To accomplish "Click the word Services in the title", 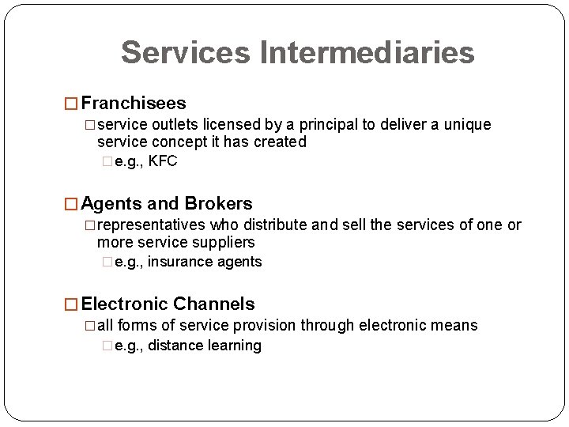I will [186, 53].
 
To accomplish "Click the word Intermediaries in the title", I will [367, 53].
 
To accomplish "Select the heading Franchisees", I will [134, 104].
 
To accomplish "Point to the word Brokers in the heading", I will [218, 204].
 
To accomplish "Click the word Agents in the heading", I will [108, 204].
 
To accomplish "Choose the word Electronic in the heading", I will [124, 304].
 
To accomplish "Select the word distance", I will [175, 346].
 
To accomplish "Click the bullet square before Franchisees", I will [70, 104].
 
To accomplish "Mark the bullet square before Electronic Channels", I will [70, 304].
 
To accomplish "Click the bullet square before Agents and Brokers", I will [70, 204].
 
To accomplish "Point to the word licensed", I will [230, 125].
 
